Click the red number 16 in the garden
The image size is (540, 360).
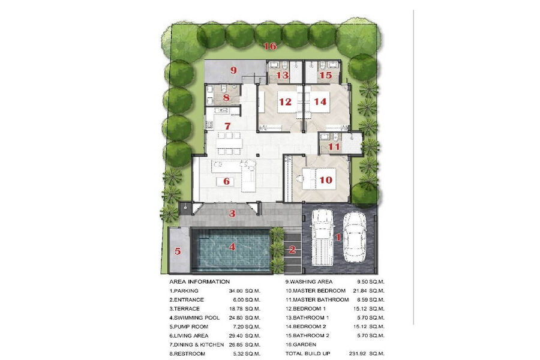point(271,46)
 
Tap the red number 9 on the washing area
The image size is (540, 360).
point(234,71)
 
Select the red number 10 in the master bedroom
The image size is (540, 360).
point(326,180)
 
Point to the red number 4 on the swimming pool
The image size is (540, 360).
point(232,247)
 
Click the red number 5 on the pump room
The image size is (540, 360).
point(178,251)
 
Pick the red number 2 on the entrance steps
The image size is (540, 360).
point(292,250)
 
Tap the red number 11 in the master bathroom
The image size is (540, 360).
point(334,147)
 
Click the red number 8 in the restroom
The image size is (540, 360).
point(226,97)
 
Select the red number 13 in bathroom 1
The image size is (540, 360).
point(283,75)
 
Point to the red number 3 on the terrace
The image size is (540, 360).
point(232,214)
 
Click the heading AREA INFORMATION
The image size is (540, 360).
point(199,281)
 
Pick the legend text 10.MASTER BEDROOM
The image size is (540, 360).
point(315,291)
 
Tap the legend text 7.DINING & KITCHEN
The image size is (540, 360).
point(196,344)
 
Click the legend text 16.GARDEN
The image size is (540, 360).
point(301,344)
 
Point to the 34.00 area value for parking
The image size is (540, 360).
point(236,291)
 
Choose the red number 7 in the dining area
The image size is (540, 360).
point(227,127)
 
